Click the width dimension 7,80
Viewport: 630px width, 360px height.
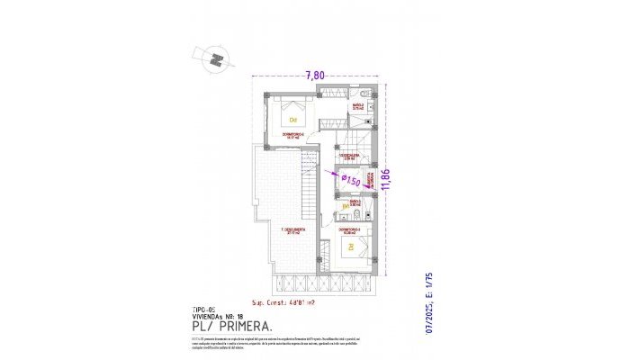click(314, 75)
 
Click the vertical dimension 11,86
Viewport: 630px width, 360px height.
click(386, 181)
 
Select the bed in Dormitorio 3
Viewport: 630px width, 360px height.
click(351, 249)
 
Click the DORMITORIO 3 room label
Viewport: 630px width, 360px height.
click(349, 230)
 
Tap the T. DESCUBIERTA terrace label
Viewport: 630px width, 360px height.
click(291, 229)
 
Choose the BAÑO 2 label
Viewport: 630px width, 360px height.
click(356, 105)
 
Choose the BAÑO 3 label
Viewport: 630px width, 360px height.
click(355, 202)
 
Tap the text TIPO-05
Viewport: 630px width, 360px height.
click(205, 309)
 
